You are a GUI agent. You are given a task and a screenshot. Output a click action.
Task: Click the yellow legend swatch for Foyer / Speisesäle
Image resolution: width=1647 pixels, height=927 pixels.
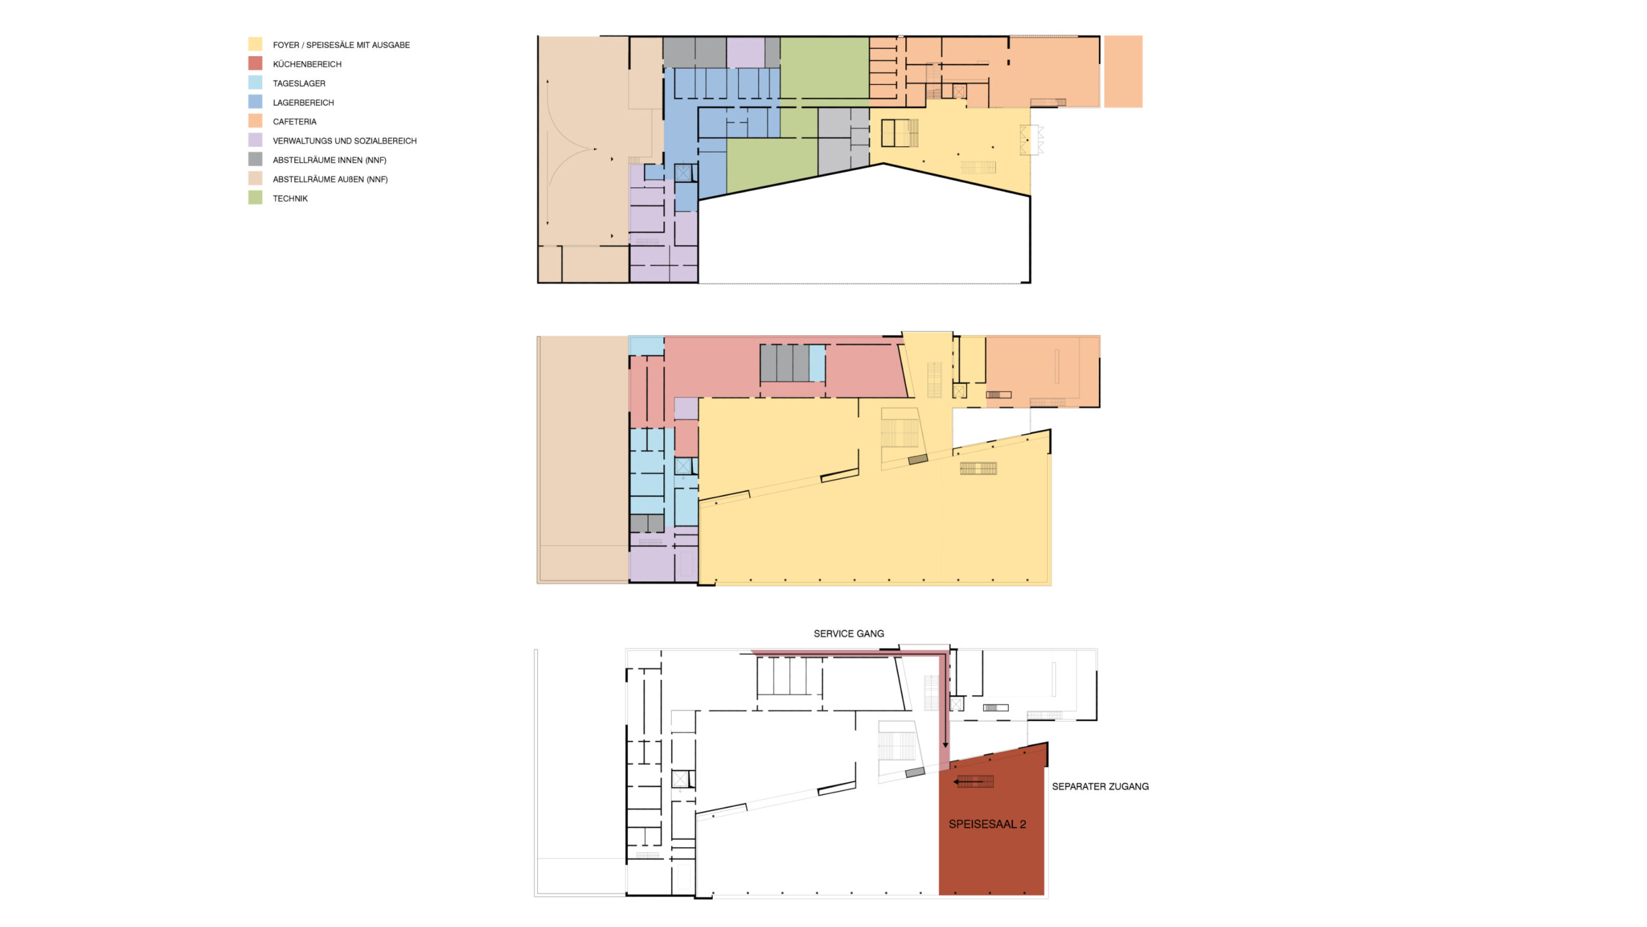pyautogui.click(x=255, y=44)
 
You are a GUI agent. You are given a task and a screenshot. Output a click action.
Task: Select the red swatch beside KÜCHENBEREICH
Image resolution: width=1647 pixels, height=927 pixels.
pyautogui.click(x=255, y=63)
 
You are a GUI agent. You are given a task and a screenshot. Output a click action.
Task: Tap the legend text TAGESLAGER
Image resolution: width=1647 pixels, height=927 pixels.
pyautogui.click(x=299, y=84)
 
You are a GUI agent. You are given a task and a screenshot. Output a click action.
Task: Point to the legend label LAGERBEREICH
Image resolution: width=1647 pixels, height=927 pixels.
pyautogui.click(x=304, y=102)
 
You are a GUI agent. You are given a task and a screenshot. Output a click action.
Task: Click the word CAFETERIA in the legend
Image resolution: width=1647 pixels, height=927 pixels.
pyautogui.click(x=295, y=122)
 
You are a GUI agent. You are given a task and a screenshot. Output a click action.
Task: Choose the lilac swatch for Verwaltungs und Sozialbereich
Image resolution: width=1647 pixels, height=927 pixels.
pyautogui.click(x=255, y=140)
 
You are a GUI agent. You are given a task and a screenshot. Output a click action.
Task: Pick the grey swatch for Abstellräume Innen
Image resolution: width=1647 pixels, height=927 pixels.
pyautogui.click(x=255, y=159)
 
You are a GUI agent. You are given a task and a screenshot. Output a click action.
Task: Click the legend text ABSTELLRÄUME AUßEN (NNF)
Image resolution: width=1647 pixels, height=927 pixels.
pyautogui.click(x=331, y=180)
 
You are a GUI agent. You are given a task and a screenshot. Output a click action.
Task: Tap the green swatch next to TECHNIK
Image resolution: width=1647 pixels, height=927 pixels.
pyautogui.click(x=255, y=198)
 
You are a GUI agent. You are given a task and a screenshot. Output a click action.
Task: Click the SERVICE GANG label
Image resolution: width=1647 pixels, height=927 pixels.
pyautogui.click(x=849, y=633)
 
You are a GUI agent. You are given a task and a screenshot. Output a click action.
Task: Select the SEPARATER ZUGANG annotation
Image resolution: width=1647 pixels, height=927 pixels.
pyautogui.click(x=1100, y=786)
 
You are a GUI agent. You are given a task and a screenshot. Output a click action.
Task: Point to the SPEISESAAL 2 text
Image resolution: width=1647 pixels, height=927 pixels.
pyautogui.click(x=987, y=824)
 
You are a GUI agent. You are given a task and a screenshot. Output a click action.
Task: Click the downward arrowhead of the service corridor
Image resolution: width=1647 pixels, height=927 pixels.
pyautogui.click(x=945, y=745)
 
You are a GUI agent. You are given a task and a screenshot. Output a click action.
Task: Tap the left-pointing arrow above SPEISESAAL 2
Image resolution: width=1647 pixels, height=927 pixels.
pyautogui.click(x=973, y=782)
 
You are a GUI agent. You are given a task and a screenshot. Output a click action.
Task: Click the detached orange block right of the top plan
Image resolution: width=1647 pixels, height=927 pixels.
pyautogui.click(x=1123, y=71)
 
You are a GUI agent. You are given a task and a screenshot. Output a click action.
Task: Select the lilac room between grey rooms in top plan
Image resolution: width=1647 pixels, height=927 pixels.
pyautogui.click(x=746, y=52)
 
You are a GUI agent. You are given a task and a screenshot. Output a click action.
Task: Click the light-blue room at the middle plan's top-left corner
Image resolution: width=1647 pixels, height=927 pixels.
pyautogui.click(x=647, y=346)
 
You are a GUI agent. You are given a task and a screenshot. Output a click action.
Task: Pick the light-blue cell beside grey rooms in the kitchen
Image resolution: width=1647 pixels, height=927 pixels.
pyautogui.click(x=817, y=364)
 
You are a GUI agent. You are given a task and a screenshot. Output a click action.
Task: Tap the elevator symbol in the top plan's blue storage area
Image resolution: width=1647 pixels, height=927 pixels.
pyautogui.click(x=683, y=173)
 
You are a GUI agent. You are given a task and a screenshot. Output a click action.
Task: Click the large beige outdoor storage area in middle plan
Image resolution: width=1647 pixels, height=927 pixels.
pyautogui.click(x=583, y=460)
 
